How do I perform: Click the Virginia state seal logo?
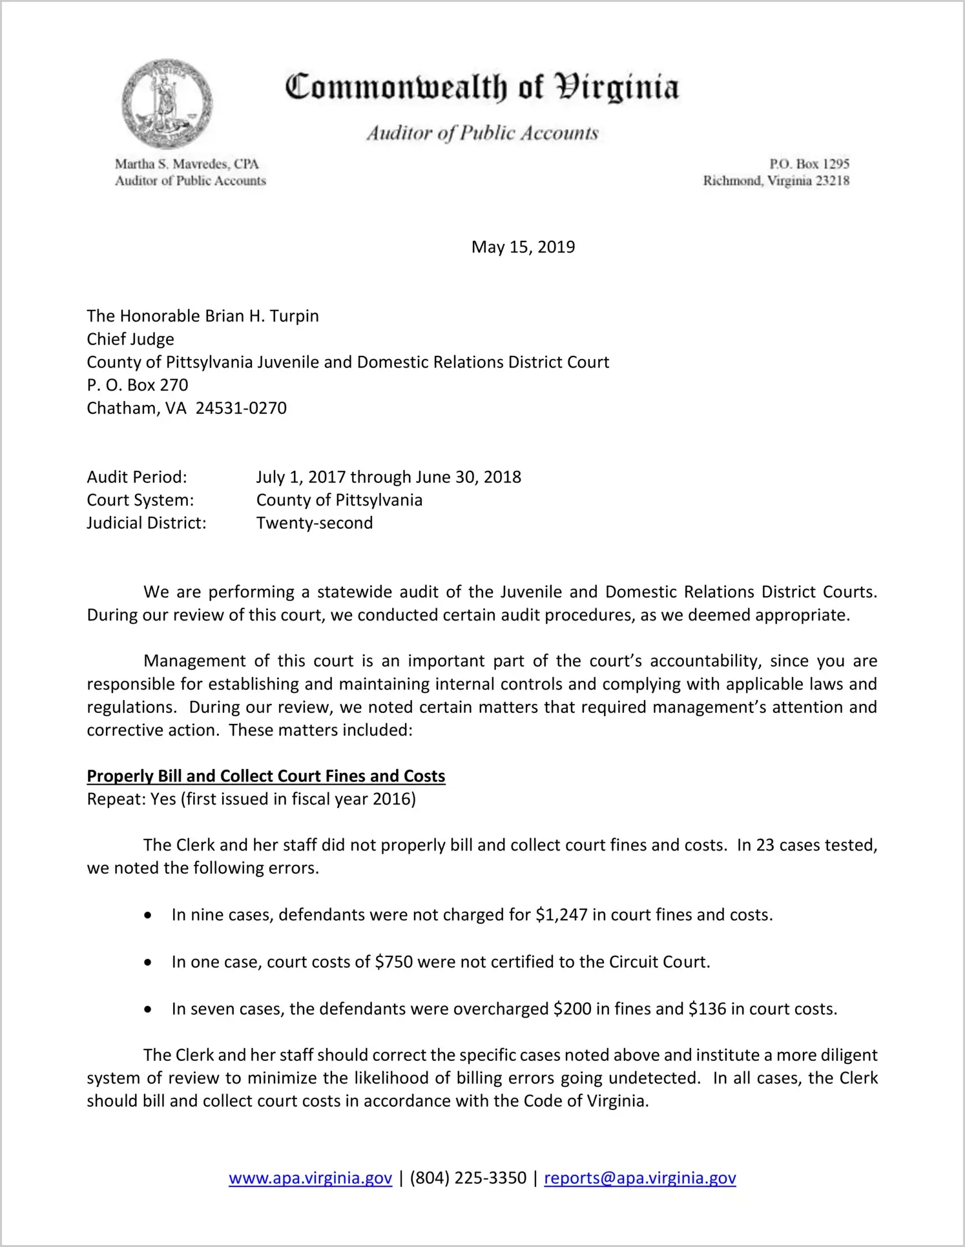click(167, 104)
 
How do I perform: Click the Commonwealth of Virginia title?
click(482, 87)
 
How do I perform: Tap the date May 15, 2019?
click(523, 247)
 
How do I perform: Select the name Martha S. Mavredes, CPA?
click(187, 164)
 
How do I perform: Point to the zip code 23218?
click(832, 181)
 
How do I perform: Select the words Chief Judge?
click(130, 339)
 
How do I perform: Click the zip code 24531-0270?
click(241, 408)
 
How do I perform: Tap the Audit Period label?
click(137, 477)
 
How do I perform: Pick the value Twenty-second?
click(315, 523)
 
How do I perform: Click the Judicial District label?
click(147, 523)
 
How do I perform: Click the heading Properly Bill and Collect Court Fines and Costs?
click(266, 776)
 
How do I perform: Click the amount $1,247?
click(561, 915)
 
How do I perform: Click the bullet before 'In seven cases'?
click(149, 1009)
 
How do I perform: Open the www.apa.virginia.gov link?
click(310, 1179)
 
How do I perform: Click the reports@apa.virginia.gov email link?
click(639, 1179)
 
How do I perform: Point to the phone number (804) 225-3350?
click(468, 1179)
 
